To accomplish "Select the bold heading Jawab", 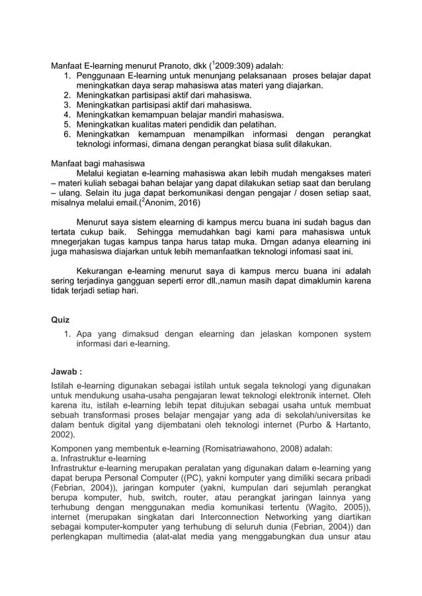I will coord(65,371).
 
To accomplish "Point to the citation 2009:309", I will coord(237,66).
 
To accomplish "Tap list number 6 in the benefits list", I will coord(67,133).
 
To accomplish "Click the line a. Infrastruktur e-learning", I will coord(103,459).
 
